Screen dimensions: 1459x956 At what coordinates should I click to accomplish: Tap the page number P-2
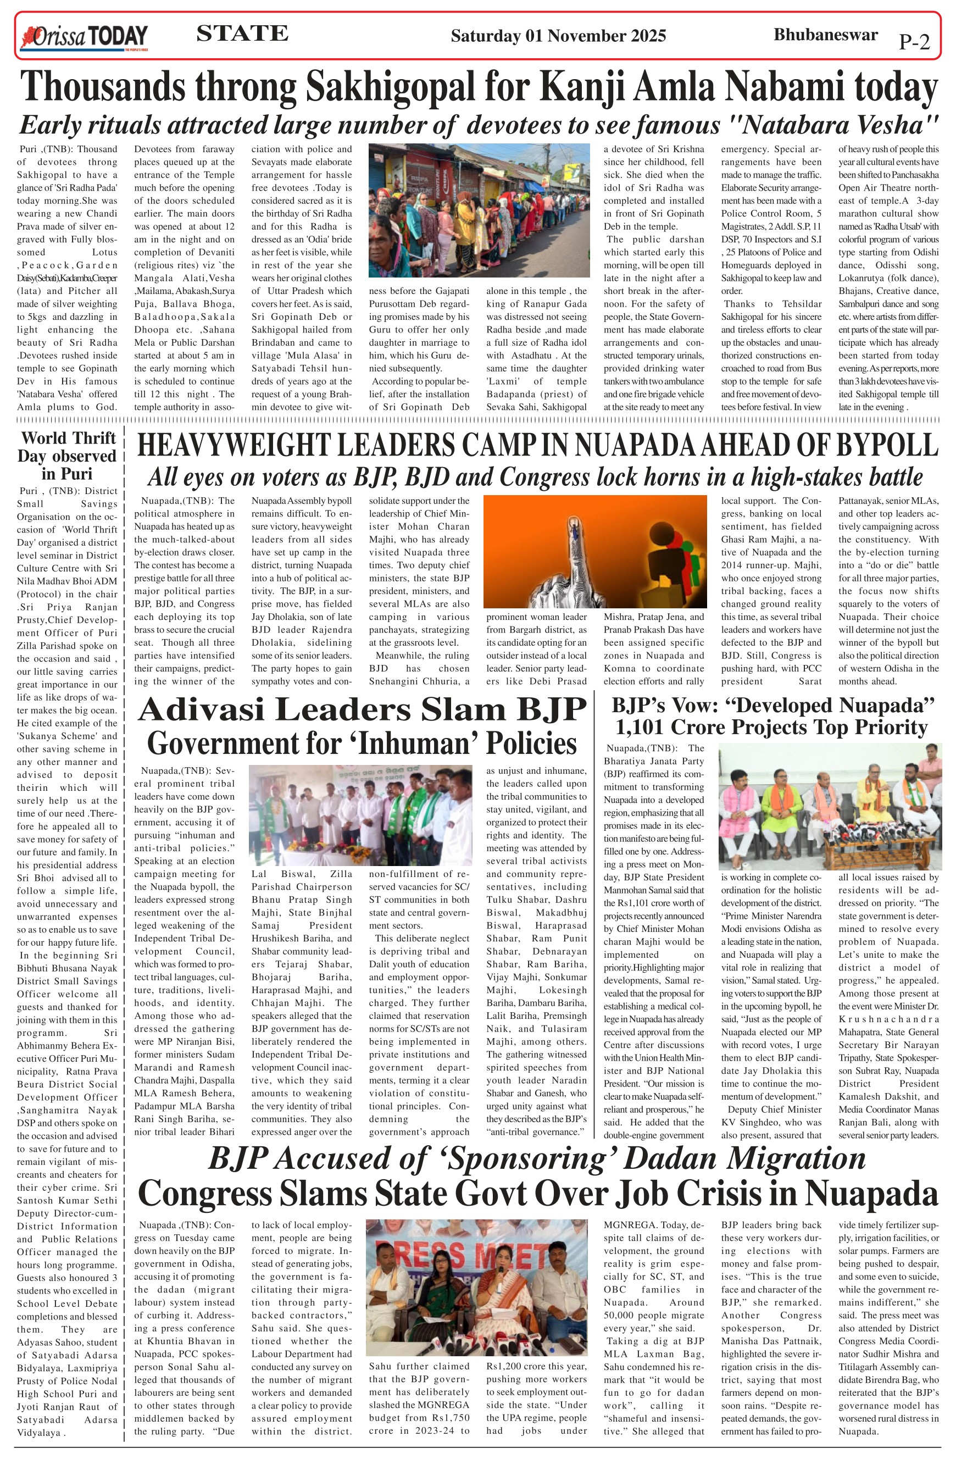[x=914, y=42]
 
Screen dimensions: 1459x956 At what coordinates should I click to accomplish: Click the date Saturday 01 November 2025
[x=558, y=36]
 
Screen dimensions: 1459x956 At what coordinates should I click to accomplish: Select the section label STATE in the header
[x=242, y=33]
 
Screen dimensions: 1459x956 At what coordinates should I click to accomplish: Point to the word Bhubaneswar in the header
[x=825, y=34]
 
